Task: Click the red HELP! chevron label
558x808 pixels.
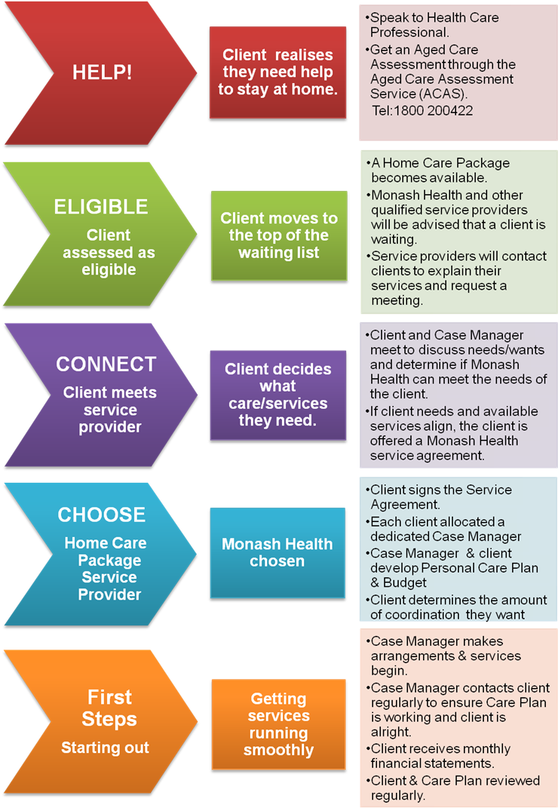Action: tap(102, 72)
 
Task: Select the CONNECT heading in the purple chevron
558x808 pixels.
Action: tap(106, 364)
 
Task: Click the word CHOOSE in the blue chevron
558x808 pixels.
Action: tap(101, 515)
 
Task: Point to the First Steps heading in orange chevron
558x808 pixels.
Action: tap(109, 707)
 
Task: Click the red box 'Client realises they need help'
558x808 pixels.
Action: tap(277, 72)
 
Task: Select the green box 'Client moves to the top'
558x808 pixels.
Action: tap(279, 235)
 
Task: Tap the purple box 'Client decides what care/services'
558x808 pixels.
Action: tap(278, 395)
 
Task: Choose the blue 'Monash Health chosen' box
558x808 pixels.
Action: tap(277, 552)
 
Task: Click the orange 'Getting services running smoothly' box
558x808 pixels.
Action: tap(278, 724)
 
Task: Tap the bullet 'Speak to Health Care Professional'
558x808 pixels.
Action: tap(434, 25)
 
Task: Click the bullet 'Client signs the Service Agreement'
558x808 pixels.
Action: tap(440, 497)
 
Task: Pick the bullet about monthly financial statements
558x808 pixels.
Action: tap(440, 757)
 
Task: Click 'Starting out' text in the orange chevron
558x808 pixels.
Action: tap(105, 748)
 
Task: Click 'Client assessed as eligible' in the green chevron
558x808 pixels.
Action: tap(108, 253)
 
